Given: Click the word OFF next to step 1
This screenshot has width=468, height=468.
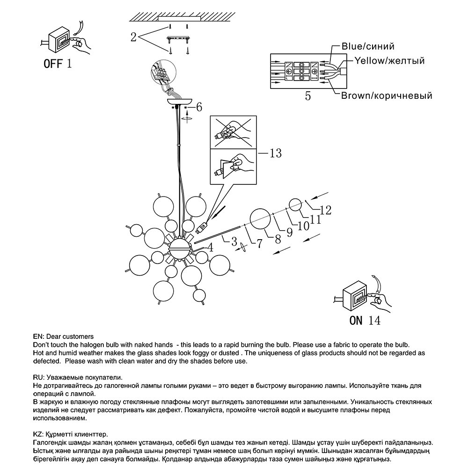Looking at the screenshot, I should point(52,63).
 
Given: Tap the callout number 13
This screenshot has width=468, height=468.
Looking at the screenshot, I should point(276,153).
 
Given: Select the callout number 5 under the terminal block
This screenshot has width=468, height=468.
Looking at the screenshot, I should point(307,96).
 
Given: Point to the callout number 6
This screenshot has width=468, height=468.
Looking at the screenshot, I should point(199,107).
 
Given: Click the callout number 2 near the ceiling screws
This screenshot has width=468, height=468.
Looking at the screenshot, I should point(133,37).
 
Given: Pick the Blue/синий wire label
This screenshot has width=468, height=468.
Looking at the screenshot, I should point(368,46).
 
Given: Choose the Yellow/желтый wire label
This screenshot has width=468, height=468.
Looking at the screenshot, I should point(389,61).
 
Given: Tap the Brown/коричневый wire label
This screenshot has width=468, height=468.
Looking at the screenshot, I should point(386,96).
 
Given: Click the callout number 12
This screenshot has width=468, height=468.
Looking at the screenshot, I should point(325,210).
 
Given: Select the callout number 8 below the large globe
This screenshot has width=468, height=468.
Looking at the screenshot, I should point(278,239).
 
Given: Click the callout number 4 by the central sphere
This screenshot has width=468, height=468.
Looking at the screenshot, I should point(211,248).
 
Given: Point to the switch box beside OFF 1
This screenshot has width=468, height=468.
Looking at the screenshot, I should point(58,41).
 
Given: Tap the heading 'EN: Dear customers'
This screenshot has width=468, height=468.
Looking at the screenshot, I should point(63,336).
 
